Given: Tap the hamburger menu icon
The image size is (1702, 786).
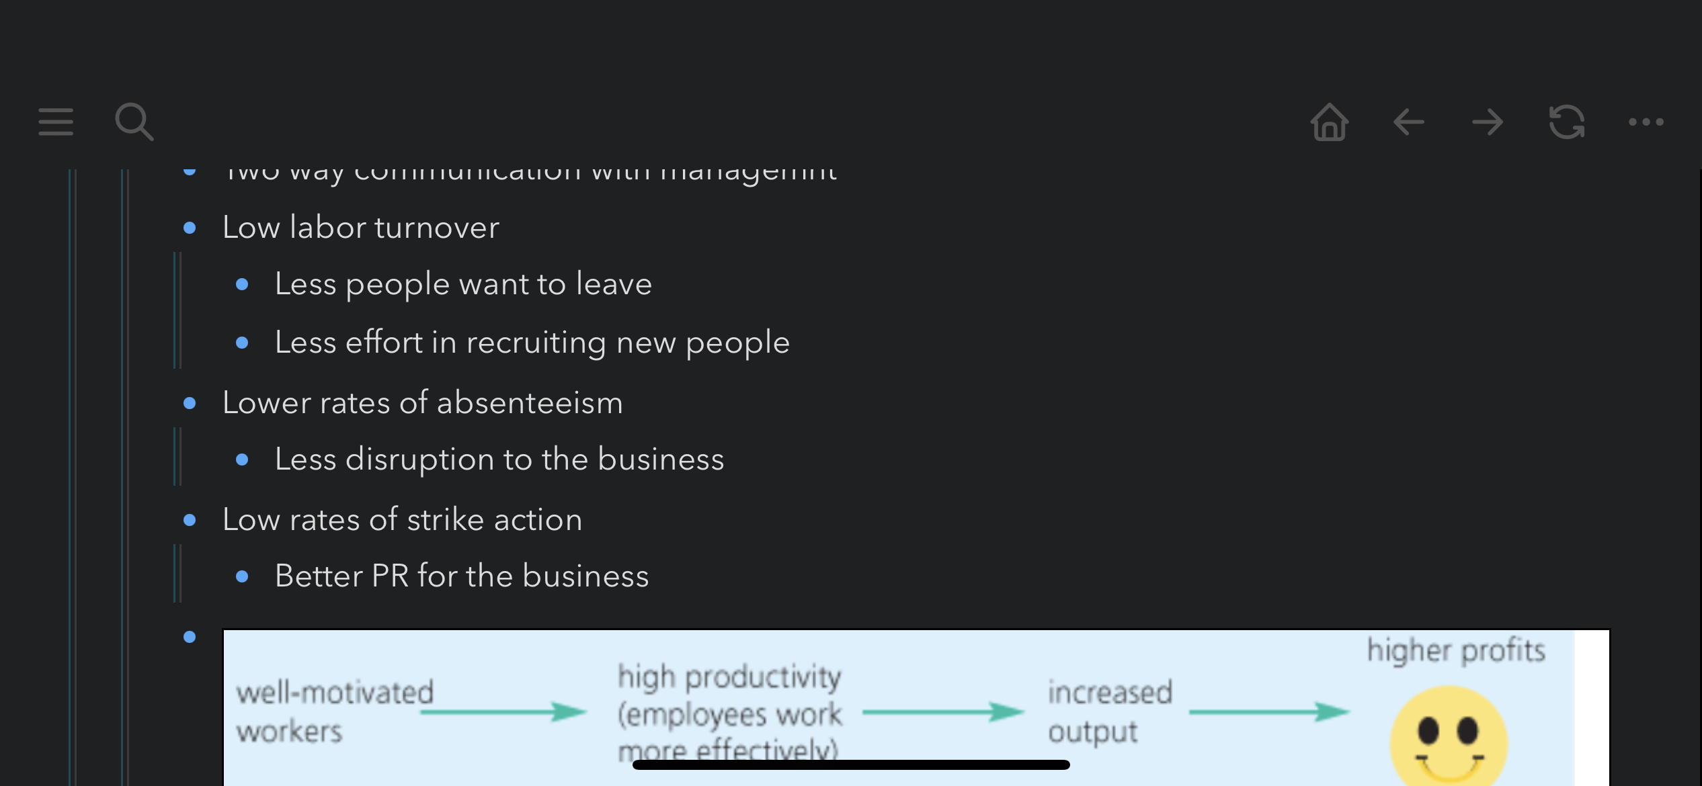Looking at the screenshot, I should coord(56,122).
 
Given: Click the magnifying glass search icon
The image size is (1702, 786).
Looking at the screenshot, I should coord(134,122).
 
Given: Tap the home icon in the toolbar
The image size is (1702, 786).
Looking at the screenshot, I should coord(1329,122).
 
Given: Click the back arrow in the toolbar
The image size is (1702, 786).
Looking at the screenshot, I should coord(1408,122).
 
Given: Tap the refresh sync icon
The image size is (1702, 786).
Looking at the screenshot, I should coord(1566,122).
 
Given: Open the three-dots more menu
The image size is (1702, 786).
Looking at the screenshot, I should coord(1646,122).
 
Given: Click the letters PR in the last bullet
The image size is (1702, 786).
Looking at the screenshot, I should coord(390,576).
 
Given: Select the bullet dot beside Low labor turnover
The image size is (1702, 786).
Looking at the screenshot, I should coord(190,228).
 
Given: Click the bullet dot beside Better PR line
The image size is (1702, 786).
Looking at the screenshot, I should coord(243,576).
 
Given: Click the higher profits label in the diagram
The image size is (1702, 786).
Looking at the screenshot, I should coord(1456,650).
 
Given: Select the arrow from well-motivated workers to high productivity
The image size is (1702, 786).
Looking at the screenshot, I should coord(503,711).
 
